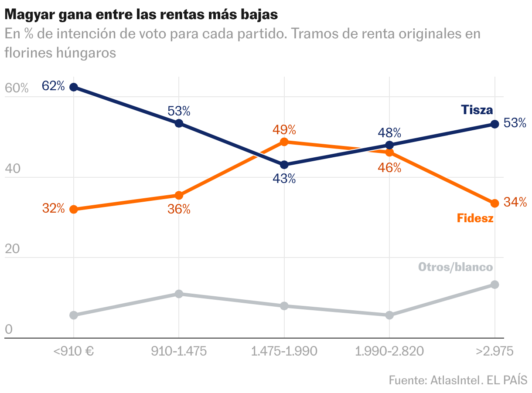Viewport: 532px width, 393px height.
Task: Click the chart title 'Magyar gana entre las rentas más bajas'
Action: [x=141, y=14]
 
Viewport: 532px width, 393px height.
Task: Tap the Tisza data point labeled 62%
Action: [x=74, y=87]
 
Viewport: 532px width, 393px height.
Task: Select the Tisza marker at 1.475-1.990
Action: [x=284, y=165]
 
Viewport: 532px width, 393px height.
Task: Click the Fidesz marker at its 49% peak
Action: [x=284, y=142]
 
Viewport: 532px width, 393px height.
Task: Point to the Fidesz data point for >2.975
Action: [x=494, y=203]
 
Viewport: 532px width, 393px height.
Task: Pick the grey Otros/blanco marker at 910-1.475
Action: [x=179, y=294]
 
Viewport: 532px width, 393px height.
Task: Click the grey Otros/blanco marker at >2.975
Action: [x=494, y=285]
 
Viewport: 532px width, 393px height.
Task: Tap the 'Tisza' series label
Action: [x=477, y=110]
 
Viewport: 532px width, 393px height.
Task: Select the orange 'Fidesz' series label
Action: [x=475, y=218]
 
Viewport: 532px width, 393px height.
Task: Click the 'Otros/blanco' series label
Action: [x=455, y=267]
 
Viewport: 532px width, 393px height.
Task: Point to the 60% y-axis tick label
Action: [x=17, y=88]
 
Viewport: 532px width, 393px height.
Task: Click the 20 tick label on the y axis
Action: [x=13, y=249]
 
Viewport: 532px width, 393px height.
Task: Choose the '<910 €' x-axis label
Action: [x=74, y=351]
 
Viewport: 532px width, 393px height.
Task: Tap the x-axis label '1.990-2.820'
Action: [x=389, y=351]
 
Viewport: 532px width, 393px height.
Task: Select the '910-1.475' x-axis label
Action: [x=179, y=351]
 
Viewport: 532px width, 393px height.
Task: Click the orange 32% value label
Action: [x=54, y=208]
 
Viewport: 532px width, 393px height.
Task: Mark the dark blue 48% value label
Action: [x=389, y=132]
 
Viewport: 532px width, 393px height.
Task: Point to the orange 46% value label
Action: [x=389, y=168]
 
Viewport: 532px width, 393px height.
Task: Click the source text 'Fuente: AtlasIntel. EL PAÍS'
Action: [x=458, y=380]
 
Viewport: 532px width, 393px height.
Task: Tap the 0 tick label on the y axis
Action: [x=9, y=330]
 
